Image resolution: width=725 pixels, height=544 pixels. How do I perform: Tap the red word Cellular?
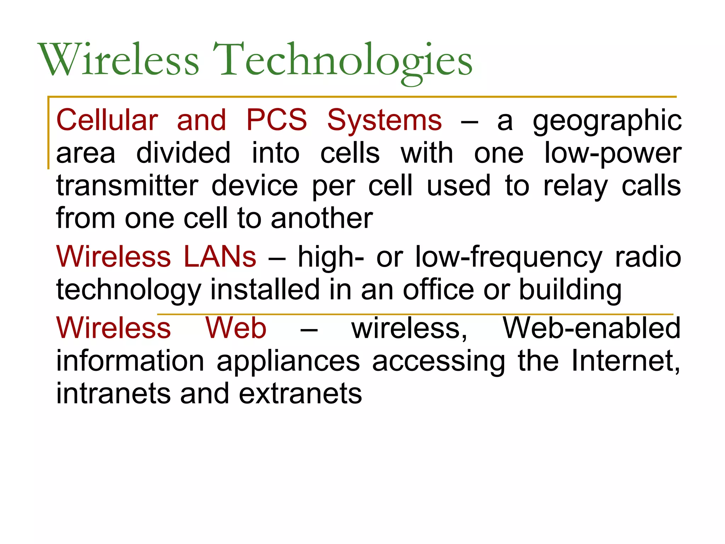click(107, 120)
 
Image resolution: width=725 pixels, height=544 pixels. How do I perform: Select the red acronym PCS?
click(276, 120)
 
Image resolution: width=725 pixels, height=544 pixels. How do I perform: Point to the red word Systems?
click(384, 120)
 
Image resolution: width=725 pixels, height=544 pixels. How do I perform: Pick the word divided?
click(183, 153)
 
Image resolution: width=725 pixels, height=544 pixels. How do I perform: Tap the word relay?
click(575, 186)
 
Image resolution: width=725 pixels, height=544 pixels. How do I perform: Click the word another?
click(321, 218)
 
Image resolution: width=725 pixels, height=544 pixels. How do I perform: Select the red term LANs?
click(220, 256)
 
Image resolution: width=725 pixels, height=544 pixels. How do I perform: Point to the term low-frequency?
click(508, 257)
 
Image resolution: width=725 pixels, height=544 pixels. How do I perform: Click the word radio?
click(648, 256)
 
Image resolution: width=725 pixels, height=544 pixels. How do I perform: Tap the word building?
click(570, 290)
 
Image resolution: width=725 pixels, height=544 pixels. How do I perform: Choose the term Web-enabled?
click(591, 328)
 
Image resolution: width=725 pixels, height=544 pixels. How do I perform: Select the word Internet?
click(625, 361)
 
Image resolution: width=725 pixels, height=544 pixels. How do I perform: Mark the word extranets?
click(300, 393)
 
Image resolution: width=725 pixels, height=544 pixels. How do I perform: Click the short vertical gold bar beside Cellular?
click(48, 133)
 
